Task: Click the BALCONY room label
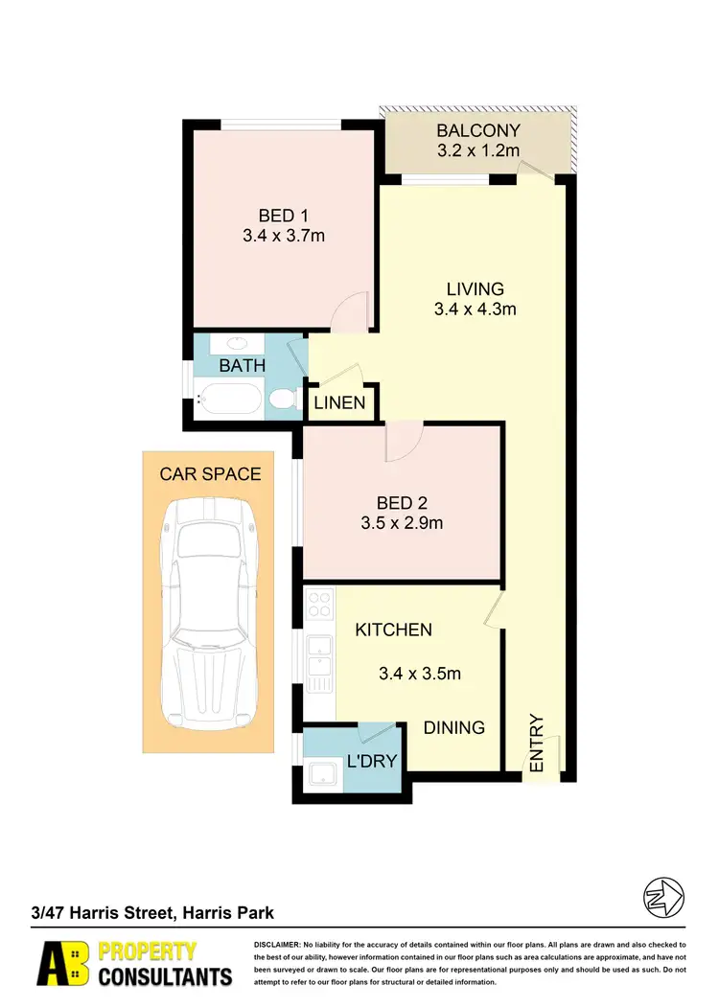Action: tap(477, 130)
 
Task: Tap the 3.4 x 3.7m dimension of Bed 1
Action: tap(283, 235)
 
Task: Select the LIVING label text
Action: tap(475, 288)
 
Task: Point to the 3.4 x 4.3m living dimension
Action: tap(475, 309)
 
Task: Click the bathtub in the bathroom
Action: tap(230, 398)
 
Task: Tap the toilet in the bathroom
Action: tap(283, 398)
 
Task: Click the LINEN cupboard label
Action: tap(340, 402)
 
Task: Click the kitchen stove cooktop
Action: tap(318, 605)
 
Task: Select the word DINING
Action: tap(454, 727)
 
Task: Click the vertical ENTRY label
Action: tap(537, 744)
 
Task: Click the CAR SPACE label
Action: tap(210, 473)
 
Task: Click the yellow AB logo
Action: tap(62, 964)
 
